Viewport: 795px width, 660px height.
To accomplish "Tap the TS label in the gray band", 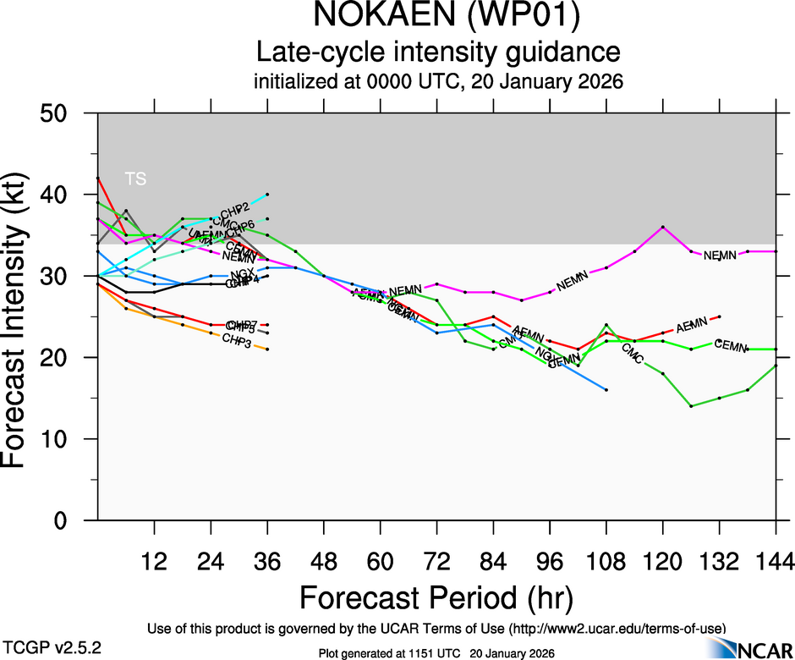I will pos(135,179).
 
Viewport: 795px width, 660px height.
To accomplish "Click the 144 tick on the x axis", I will pos(776,560).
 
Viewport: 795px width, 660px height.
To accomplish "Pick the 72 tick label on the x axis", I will pos(436,560).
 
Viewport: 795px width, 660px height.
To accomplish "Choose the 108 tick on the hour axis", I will pos(606,560).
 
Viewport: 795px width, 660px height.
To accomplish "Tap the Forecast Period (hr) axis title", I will pos(436,599).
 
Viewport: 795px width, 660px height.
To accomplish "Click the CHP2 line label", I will pos(234,209).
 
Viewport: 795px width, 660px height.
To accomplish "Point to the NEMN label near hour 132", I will pos(720,256).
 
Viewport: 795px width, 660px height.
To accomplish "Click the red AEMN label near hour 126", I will pos(691,324).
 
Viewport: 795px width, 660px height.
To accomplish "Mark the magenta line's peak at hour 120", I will pos(663,227).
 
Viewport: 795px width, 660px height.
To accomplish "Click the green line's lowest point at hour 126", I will pos(691,406).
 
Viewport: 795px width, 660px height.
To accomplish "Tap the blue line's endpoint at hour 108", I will pos(606,389).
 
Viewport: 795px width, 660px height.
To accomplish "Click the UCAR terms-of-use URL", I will pos(617,628).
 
